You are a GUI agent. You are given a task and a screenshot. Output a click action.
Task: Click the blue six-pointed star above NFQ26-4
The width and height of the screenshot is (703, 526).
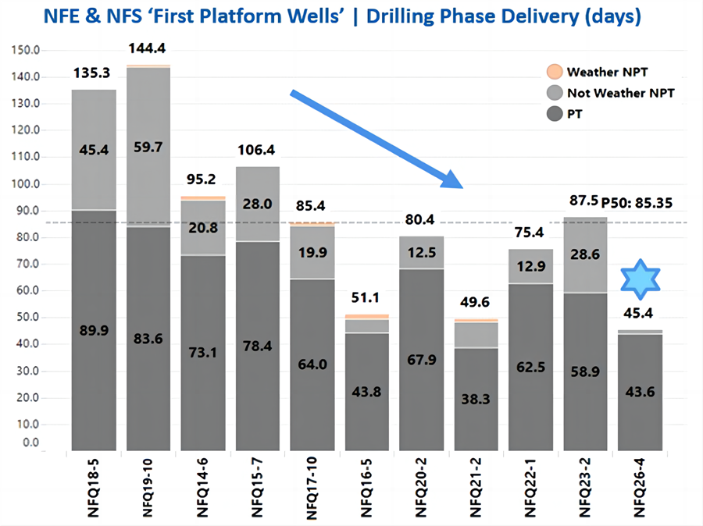tap(641, 280)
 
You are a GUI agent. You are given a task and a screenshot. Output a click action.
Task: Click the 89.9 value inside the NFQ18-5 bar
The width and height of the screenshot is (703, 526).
tap(94, 331)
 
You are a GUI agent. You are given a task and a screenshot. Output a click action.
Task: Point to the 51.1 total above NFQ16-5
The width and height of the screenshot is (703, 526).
tap(367, 300)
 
